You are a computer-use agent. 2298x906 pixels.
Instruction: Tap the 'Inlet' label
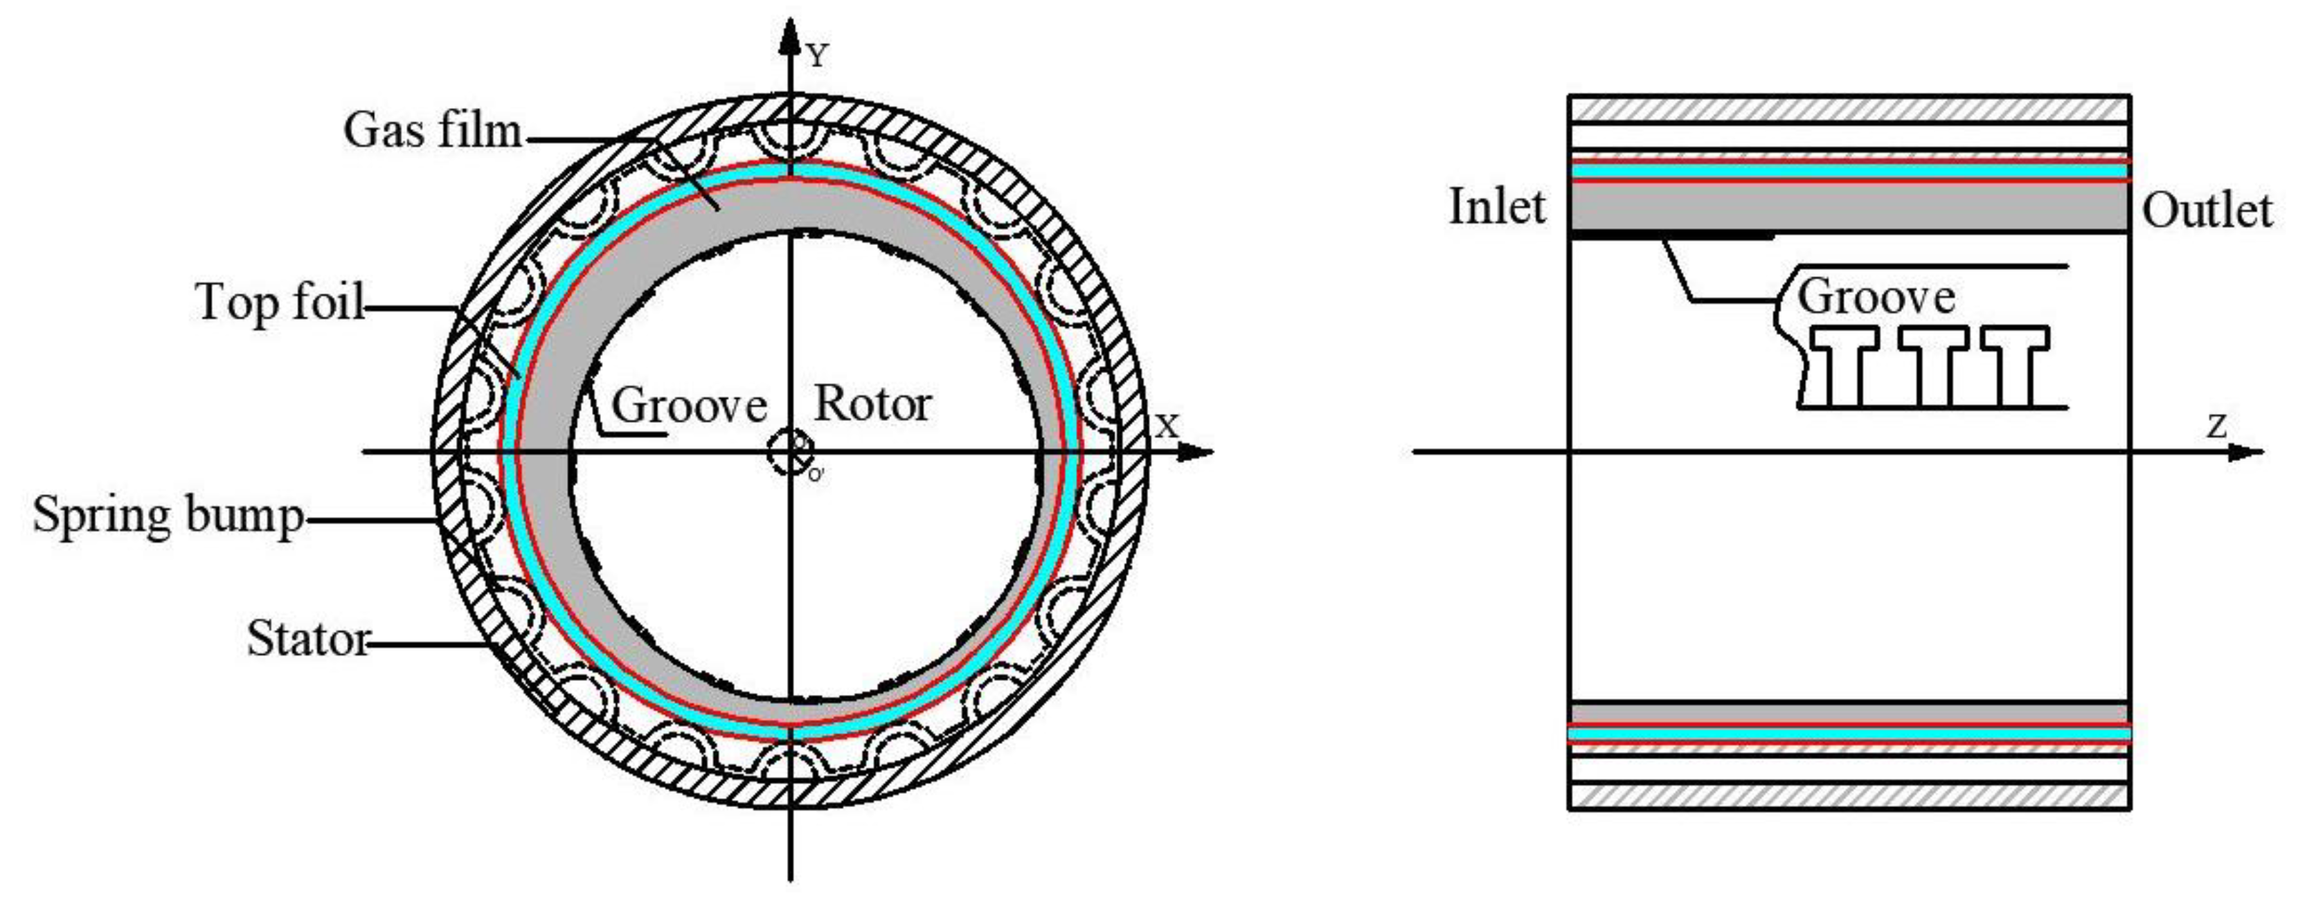(1496, 207)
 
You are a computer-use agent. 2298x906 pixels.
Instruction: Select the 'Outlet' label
(2207, 211)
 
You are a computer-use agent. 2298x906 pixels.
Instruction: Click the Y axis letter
(817, 57)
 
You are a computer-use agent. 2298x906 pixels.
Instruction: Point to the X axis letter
(1167, 426)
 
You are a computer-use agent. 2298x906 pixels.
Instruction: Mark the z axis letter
(2218, 426)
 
